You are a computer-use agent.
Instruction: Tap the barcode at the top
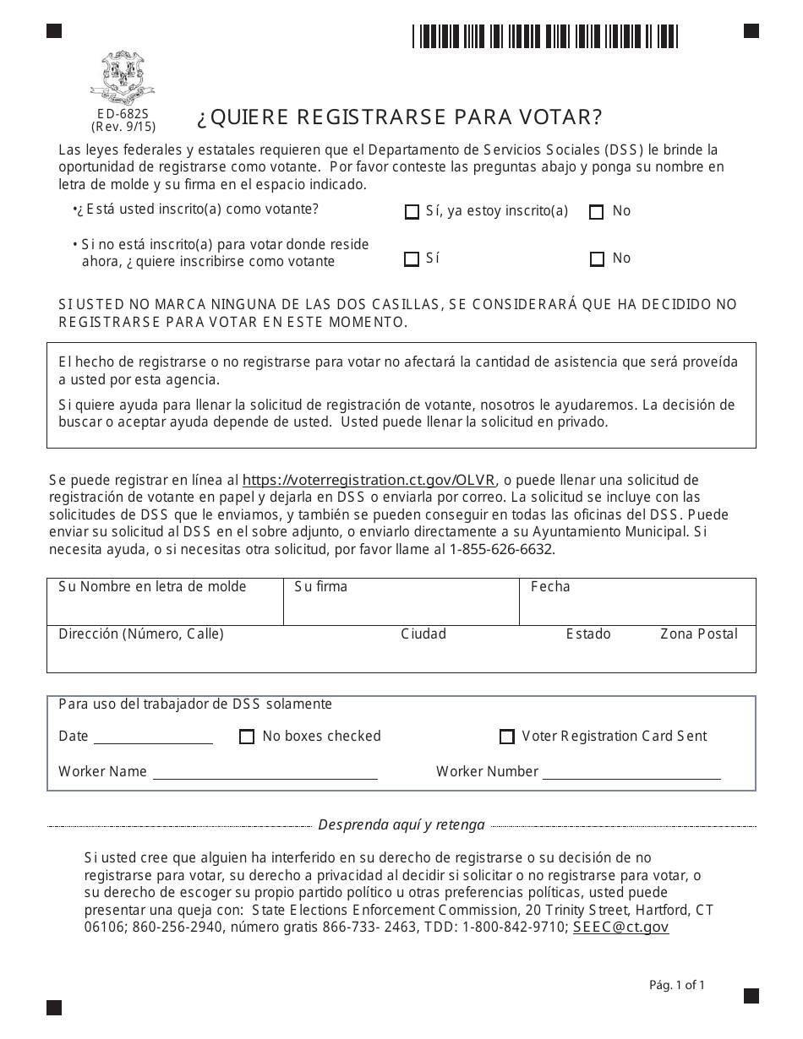click(x=545, y=37)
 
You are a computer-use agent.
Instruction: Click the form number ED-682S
click(x=123, y=113)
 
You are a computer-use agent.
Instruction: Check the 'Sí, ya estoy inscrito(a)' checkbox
click(x=412, y=212)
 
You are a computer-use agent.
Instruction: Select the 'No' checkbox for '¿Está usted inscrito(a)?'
click(x=597, y=212)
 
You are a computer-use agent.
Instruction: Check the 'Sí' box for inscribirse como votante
click(x=412, y=259)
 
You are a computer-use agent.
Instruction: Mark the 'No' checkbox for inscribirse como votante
click(x=597, y=259)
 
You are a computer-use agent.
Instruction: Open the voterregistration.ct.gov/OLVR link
click(x=369, y=480)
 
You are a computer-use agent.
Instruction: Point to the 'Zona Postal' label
click(x=698, y=634)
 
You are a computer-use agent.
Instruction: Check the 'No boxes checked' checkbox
click(x=247, y=737)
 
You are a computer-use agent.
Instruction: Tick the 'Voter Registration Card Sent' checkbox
click(x=507, y=737)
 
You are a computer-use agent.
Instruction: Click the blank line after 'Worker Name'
click(x=265, y=773)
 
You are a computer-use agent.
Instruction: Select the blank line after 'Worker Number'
click(x=631, y=773)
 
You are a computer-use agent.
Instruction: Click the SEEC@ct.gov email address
click(x=620, y=927)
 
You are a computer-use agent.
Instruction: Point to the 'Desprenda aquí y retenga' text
click(x=401, y=824)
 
